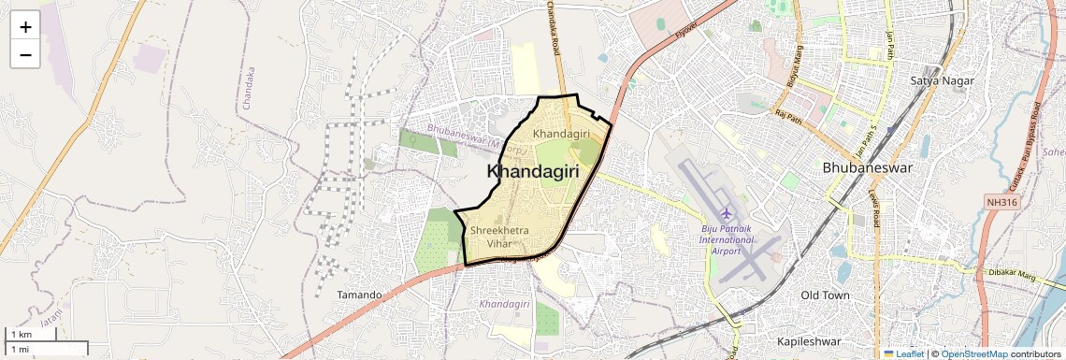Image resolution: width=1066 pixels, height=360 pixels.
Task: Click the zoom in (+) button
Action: point(25,27)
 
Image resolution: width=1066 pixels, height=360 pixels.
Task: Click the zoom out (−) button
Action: point(25,55)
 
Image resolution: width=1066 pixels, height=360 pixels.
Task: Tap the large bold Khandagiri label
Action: point(533,172)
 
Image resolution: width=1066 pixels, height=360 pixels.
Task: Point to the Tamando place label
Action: point(359,295)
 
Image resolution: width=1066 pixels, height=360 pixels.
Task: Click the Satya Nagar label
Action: point(942,81)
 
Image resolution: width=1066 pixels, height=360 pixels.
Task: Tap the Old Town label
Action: point(826,295)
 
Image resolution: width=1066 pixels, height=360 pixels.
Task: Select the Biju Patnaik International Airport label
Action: point(726,239)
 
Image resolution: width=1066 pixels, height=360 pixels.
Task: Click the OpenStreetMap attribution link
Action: point(973,353)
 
